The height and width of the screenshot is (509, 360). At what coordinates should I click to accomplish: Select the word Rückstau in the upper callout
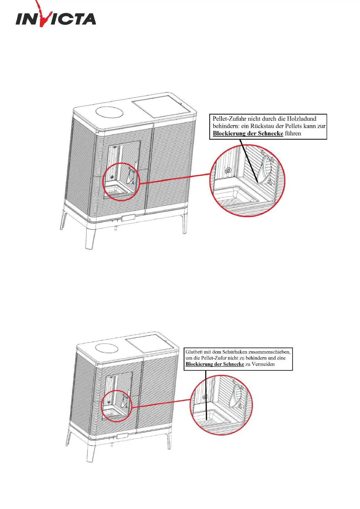tap(263, 126)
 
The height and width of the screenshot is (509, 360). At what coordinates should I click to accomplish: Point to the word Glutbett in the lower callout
tap(194, 352)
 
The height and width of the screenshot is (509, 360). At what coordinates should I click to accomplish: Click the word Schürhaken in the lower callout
tap(234, 352)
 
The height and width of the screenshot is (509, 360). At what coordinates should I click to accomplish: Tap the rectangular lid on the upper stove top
tap(164, 107)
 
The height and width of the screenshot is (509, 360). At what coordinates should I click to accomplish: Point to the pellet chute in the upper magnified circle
tap(266, 169)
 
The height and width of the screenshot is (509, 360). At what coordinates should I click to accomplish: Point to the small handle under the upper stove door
tap(128, 218)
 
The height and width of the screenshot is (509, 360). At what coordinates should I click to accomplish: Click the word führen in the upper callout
tap(293, 134)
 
